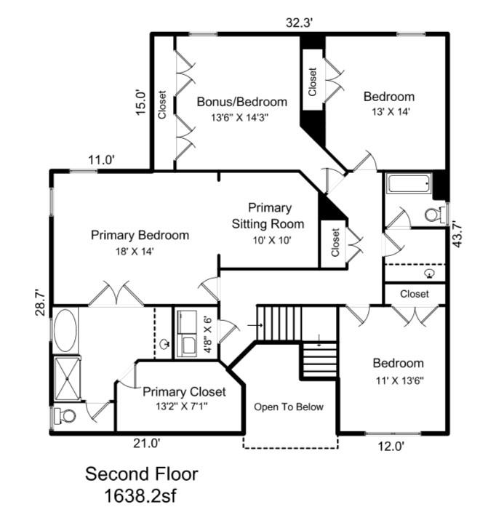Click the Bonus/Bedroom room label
click(241, 102)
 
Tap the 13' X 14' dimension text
click(388, 112)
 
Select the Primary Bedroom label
click(140, 235)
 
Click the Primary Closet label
click(184, 391)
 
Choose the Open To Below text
click(288, 407)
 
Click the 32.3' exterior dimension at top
click(299, 23)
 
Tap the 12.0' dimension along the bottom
click(389, 447)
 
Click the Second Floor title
click(141, 474)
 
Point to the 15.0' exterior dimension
click(141, 102)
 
